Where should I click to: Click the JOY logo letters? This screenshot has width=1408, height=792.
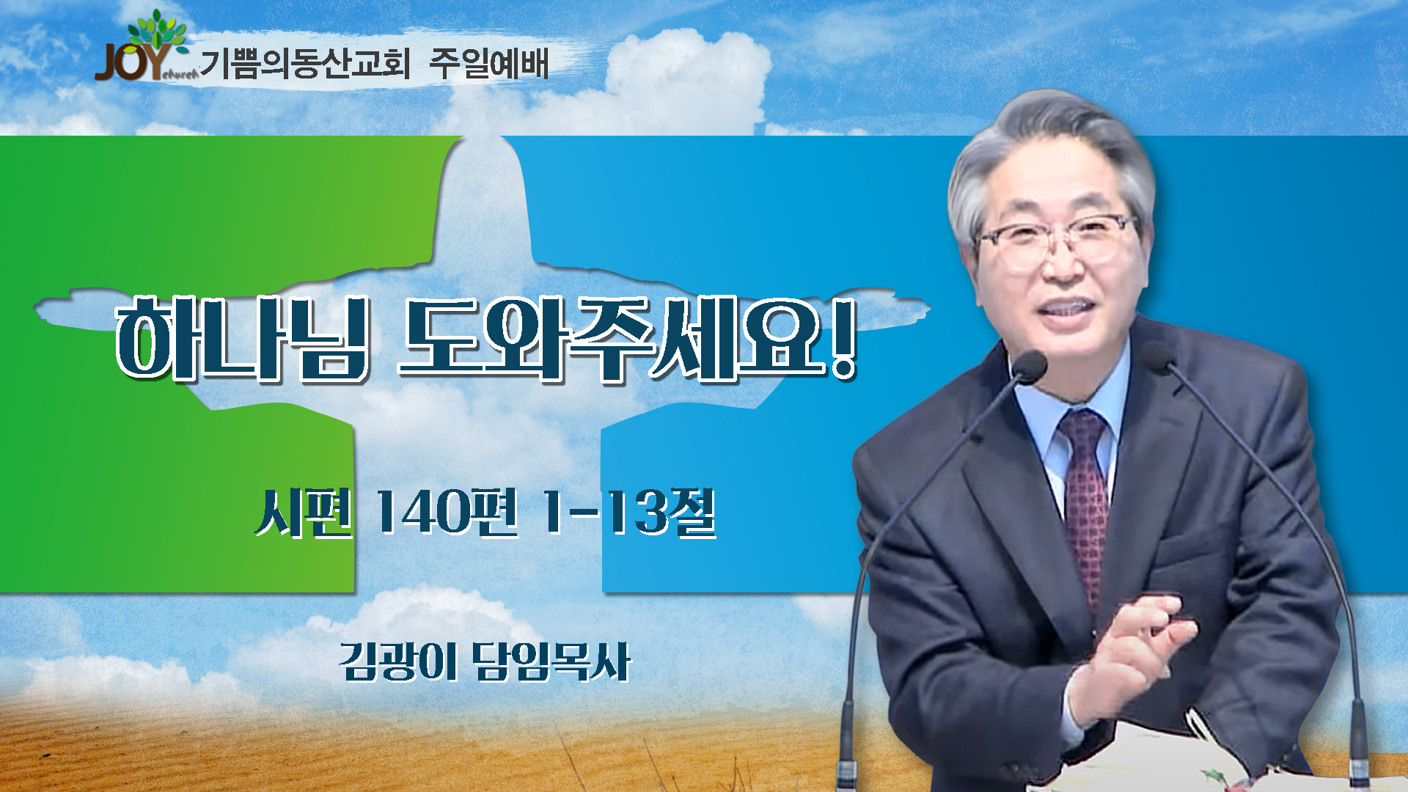click(x=134, y=62)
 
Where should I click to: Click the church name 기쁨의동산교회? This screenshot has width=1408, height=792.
click(x=305, y=63)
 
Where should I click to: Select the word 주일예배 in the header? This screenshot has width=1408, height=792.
click(x=489, y=63)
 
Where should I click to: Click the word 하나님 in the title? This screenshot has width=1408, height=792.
click(x=242, y=339)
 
